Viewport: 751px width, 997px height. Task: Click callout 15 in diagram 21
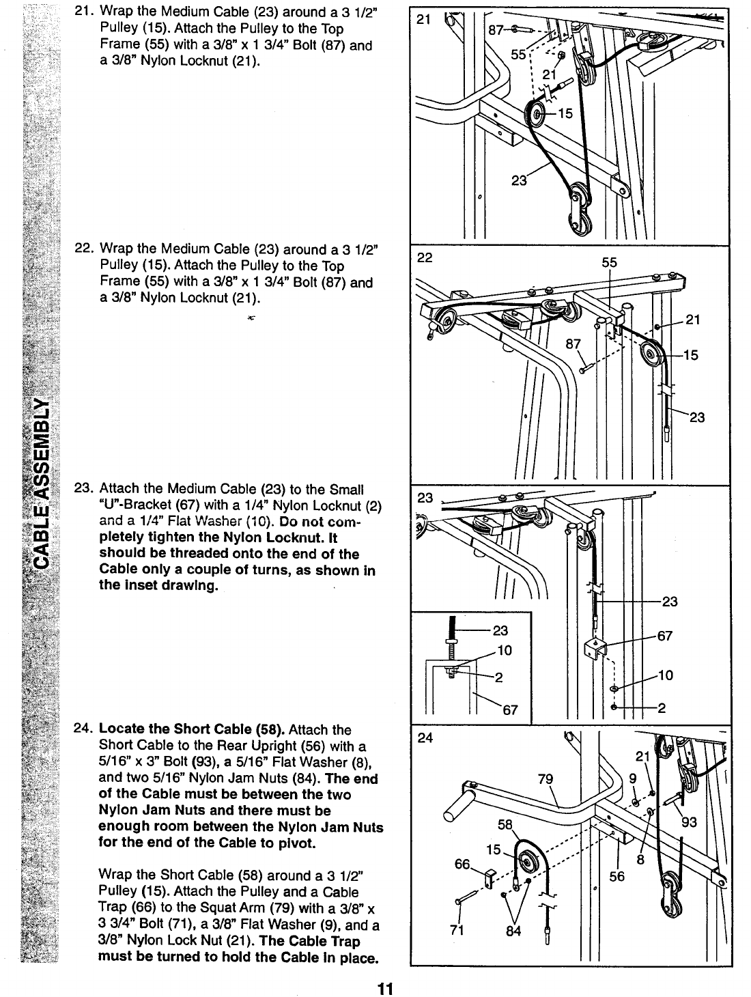[565, 113]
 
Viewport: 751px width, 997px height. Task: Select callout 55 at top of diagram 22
[610, 262]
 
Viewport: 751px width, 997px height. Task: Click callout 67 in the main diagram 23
[664, 636]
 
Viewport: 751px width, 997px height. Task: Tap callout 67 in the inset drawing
[509, 710]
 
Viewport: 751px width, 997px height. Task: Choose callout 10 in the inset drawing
[505, 650]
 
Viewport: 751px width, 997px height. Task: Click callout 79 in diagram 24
[545, 779]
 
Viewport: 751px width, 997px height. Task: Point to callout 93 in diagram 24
[689, 822]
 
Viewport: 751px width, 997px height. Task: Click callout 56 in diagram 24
[617, 876]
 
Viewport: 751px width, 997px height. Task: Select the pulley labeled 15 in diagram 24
[528, 855]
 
